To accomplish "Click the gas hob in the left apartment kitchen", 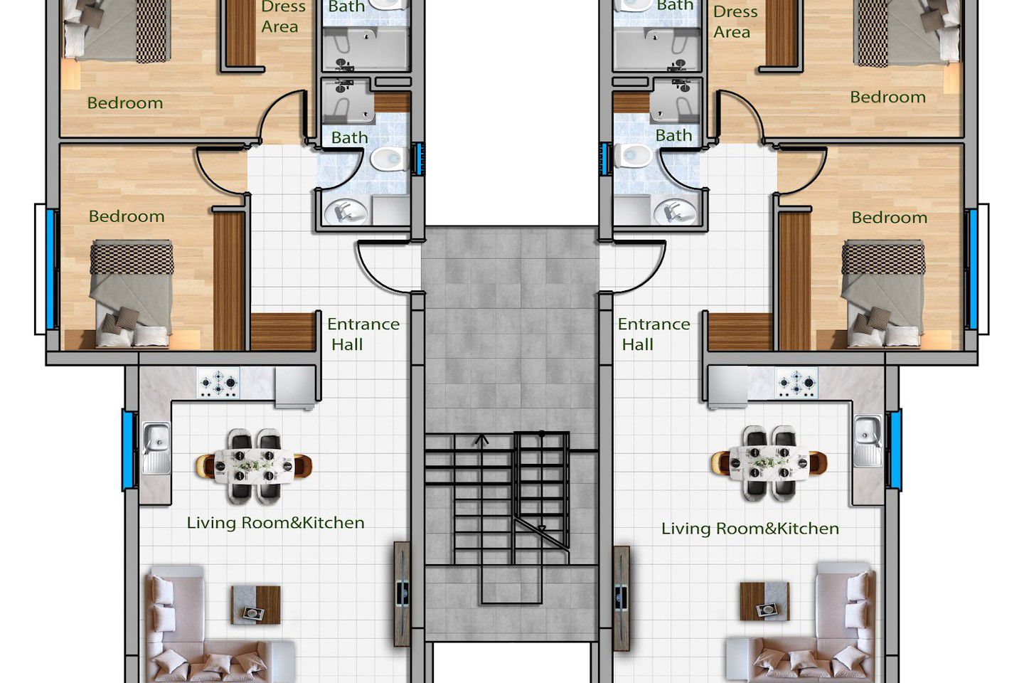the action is click(x=218, y=383).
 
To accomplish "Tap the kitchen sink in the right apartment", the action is click(x=868, y=440).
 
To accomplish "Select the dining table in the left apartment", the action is click(x=254, y=466).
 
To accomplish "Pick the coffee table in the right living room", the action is click(x=764, y=601).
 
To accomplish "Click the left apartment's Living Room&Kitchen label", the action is click(x=276, y=523).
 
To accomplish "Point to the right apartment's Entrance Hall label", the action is click(x=654, y=334).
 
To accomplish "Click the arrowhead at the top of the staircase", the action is click(x=481, y=440).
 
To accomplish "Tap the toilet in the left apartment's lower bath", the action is click(x=389, y=159).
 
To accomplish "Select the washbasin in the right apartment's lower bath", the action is click(x=676, y=212).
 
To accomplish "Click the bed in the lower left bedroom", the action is click(x=132, y=293).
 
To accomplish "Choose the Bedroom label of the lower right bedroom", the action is click(x=889, y=218).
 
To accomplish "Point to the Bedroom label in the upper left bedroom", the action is click(x=125, y=103).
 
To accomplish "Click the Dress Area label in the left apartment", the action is click(x=282, y=16).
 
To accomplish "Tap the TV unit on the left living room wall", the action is click(x=402, y=594).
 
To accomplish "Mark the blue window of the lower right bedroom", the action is click(x=972, y=269).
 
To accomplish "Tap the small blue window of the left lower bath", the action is click(x=418, y=159).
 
